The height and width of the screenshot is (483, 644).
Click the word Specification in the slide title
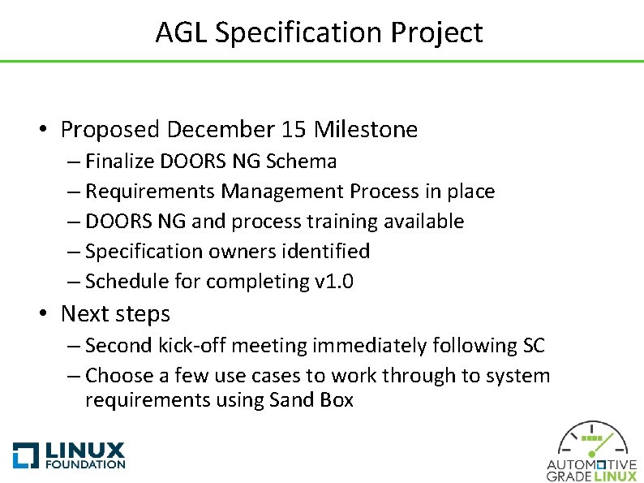(x=300, y=33)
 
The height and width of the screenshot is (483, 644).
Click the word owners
(x=244, y=252)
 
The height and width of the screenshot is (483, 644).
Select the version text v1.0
(x=333, y=282)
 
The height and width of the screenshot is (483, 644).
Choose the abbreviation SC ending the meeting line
(x=532, y=346)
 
